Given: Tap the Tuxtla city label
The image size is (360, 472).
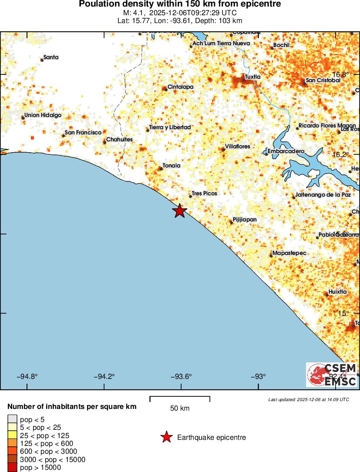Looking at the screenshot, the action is tap(252, 77).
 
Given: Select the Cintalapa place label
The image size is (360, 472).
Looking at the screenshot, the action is tap(180, 87).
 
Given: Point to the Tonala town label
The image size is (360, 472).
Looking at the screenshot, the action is tap(171, 166).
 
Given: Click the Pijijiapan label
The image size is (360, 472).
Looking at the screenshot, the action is tap(245, 220).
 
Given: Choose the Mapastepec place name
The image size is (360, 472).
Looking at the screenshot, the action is tap(289, 253).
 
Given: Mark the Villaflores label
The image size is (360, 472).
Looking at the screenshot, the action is tap(237, 147).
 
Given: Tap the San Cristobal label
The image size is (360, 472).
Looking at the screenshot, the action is tap(323, 80).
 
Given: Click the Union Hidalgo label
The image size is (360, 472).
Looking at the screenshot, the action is tap(43, 115).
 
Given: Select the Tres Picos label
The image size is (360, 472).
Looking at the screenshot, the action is tap(204, 193).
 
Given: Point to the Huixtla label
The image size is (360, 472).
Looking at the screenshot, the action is tap(338, 292).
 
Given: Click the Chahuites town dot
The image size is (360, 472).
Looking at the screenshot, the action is tap(104, 142).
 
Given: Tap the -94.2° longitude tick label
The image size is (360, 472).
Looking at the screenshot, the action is tap(104, 377).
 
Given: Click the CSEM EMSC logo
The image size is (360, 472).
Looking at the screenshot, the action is tap(332, 375).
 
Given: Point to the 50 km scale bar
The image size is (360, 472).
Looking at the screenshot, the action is tap(180, 398).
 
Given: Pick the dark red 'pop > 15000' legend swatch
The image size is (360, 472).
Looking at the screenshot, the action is tap(12, 468).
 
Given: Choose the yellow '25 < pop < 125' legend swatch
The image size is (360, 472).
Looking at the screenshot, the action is tap(12, 435).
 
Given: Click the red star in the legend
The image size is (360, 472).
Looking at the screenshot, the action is tap(166, 437).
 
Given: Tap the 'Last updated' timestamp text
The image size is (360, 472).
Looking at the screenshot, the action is tap(309, 399).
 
